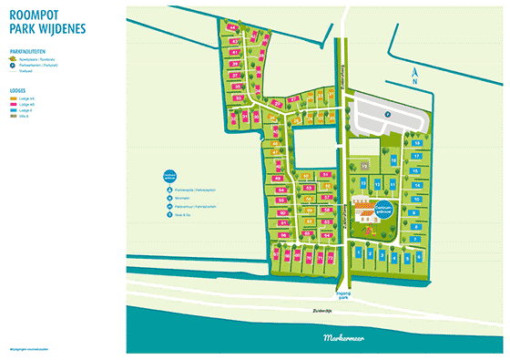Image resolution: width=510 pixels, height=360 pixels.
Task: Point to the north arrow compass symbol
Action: click(x=414, y=73)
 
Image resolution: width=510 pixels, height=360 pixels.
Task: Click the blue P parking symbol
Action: click(x=385, y=114)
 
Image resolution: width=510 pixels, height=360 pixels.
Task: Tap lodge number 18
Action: click(x=416, y=144)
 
